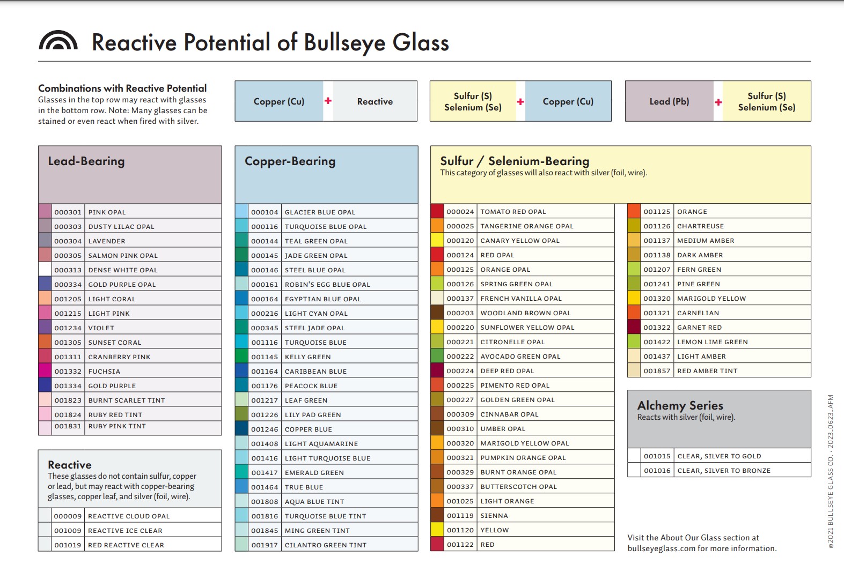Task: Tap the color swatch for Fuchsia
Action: pyautogui.click(x=45, y=371)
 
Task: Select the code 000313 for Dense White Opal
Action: pyautogui.click(x=68, y=270)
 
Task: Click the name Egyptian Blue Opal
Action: pyautogui.click(x=322, y=299)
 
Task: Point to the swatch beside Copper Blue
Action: pyautogui.click(x=241, y=429)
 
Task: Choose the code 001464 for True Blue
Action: pyautogui.click(x=265, y=487)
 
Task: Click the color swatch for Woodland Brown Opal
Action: pyautogui.click(x=437, y=313)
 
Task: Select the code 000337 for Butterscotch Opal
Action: pyautogui.click(x=460, y=487)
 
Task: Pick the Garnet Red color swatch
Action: pyautogui.click(x=634, y=327)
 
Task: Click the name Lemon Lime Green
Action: pyautogui.click(x=712, y=342)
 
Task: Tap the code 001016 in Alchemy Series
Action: pyautogui.click(x=657, y=471)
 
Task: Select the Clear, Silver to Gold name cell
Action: pyautogui.click(x=742, y=456)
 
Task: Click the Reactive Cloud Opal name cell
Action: pyautogui.click(x=152, y=516)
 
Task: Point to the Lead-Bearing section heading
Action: pyautogui.click(x=86, y=161)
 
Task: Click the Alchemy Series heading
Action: pyautogui.click(x=680, y=405)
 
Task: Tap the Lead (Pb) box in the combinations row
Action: pyautogui.click(x=669, y=101)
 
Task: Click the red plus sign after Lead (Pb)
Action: pyautogui.click(x=718, y=102)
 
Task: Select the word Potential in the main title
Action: pyautogui.click(x=227, y=42)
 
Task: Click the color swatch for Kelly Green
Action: pyautogui.click(x=241, y=357)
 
